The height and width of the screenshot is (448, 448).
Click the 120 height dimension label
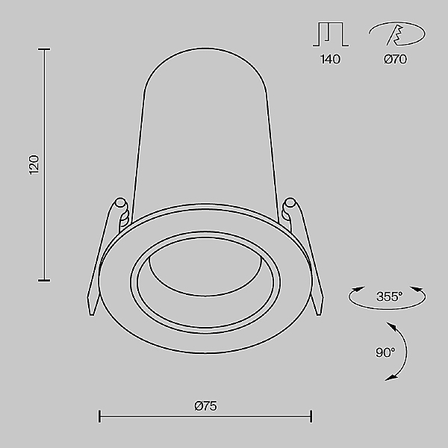(x=33, y=164)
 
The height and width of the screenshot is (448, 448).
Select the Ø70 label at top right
(x=395, y=60)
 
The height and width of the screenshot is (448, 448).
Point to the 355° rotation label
(x=389, y=296)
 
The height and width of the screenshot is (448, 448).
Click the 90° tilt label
(x=385, y=352)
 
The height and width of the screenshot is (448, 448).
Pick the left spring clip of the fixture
(x=105, y=254)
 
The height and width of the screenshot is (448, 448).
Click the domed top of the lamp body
(x=204, y=63)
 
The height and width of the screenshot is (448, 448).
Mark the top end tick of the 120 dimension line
(x=44, y=50)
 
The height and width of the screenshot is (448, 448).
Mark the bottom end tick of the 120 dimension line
(x=44, y=280)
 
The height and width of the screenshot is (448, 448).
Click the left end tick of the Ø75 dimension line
(x=100, y=415)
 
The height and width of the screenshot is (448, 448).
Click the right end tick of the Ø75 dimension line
(x=311, y=415)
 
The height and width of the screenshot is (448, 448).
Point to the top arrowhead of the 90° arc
(x=391, y=325)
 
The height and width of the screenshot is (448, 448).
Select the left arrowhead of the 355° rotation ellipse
(x=355, y=290)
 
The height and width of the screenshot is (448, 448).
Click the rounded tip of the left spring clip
(x=119, y=201)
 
